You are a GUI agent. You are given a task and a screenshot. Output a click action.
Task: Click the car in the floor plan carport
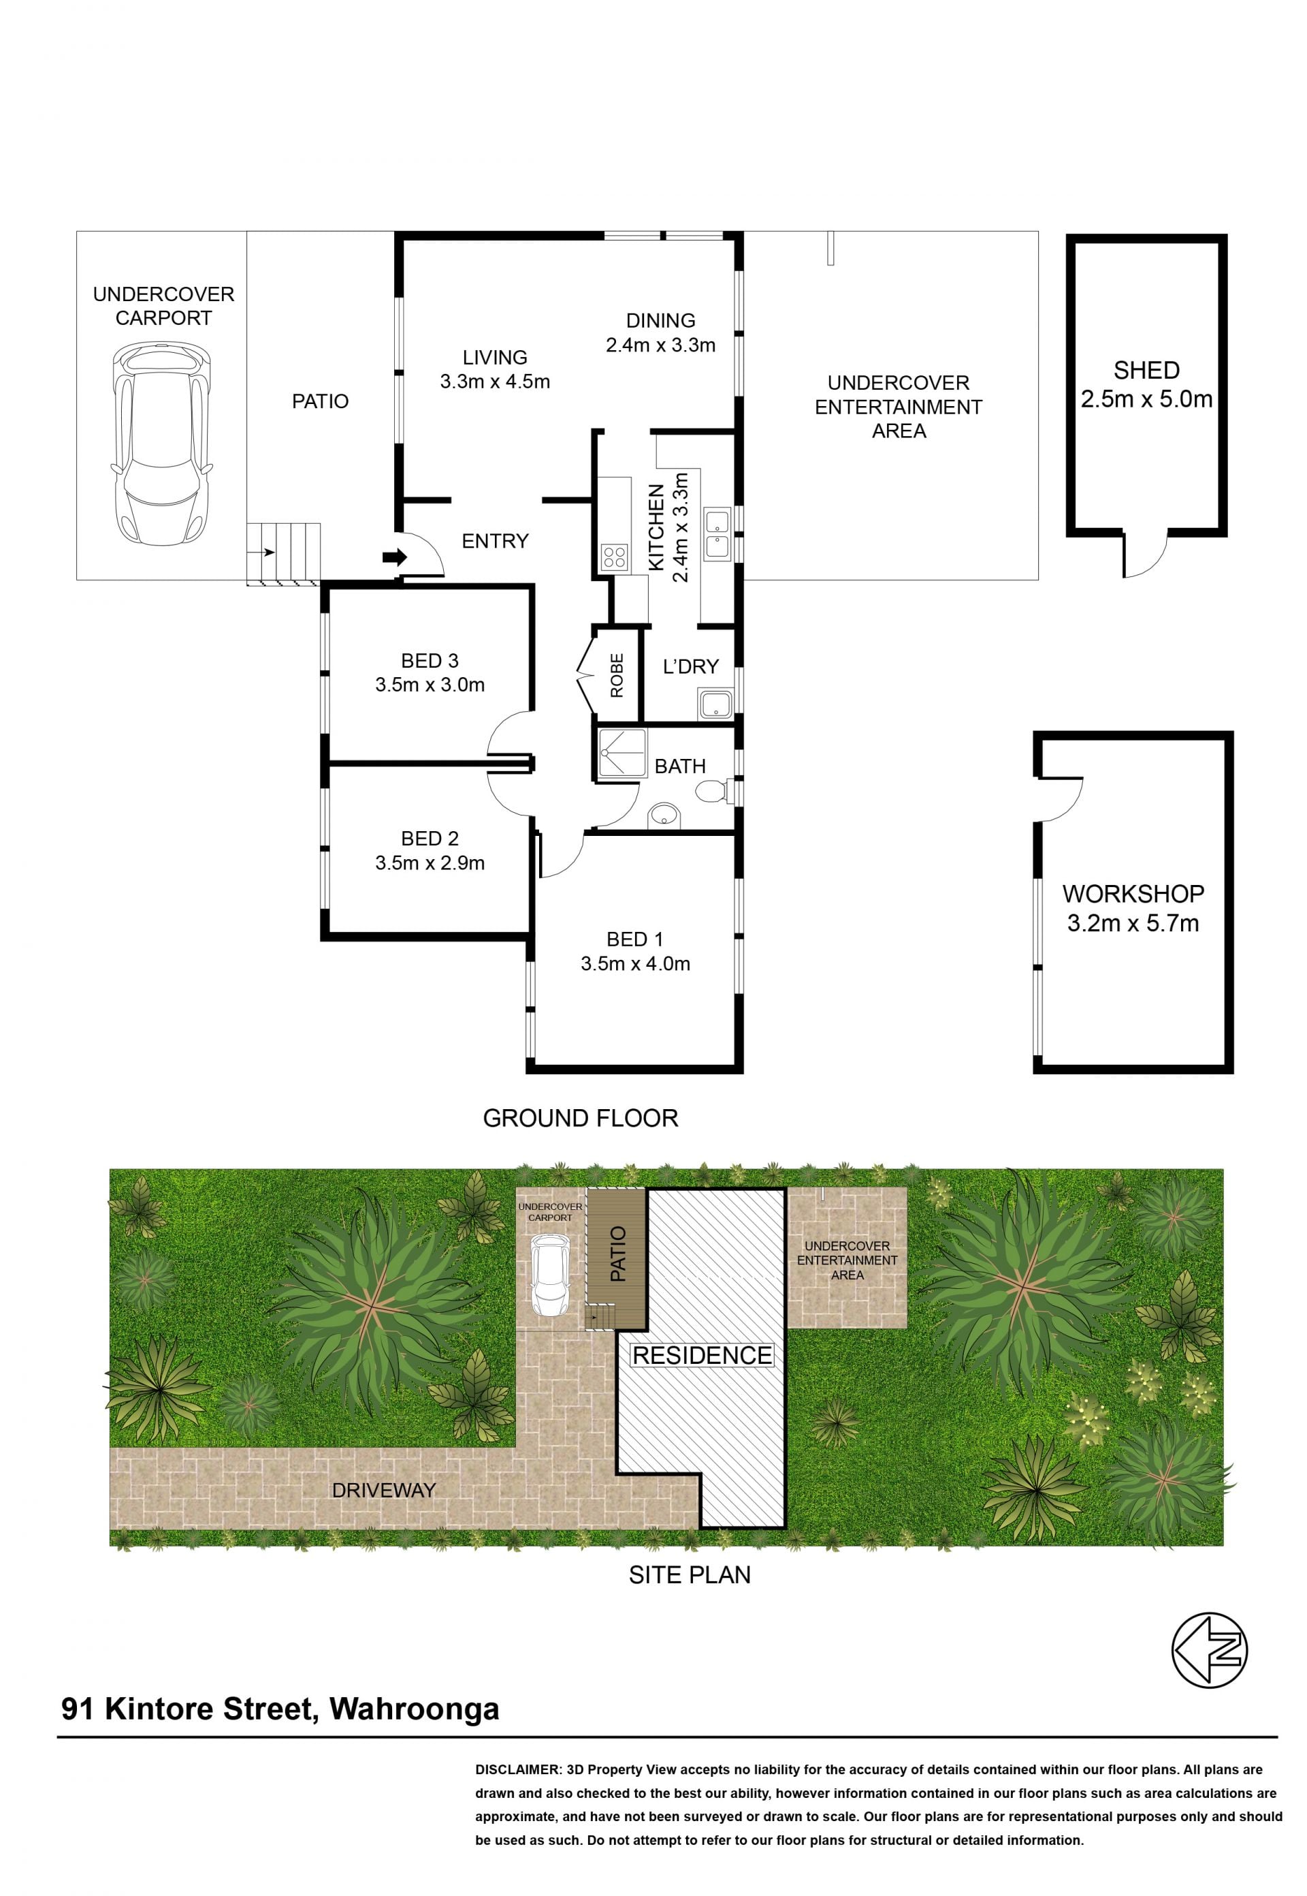162,444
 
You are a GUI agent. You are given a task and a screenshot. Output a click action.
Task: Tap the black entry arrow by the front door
395,558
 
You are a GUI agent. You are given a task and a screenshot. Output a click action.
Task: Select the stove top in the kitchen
614,558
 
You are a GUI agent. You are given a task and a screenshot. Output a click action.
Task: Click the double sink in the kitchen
717,534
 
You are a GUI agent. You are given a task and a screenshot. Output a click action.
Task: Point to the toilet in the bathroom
715,792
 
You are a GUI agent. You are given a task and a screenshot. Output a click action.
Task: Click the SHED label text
1146,371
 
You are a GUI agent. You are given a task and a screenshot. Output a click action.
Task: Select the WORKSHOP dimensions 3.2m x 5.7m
1133,923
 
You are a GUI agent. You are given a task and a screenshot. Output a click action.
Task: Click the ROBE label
617,675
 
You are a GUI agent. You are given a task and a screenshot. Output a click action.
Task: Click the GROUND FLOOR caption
581,1119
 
